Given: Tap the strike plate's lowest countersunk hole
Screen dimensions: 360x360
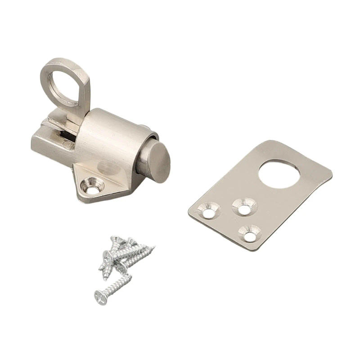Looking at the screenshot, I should point(250,234).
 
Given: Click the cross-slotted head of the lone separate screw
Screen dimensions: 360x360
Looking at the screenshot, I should point(101,296).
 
